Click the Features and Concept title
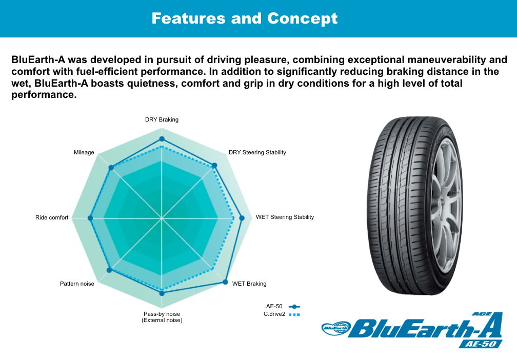245,18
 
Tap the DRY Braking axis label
162,119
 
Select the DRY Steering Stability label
257,152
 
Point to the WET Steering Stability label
285,217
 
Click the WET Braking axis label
249,284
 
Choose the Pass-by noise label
162,317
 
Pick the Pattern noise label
77,284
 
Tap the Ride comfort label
52,217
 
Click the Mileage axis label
84,152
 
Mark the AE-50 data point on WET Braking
225,282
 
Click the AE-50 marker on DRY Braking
162,139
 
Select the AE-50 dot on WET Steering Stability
242,218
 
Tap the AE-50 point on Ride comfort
90,218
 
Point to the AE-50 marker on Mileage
111,168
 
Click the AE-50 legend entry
283,307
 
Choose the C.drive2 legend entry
282,314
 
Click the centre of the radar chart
162,218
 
